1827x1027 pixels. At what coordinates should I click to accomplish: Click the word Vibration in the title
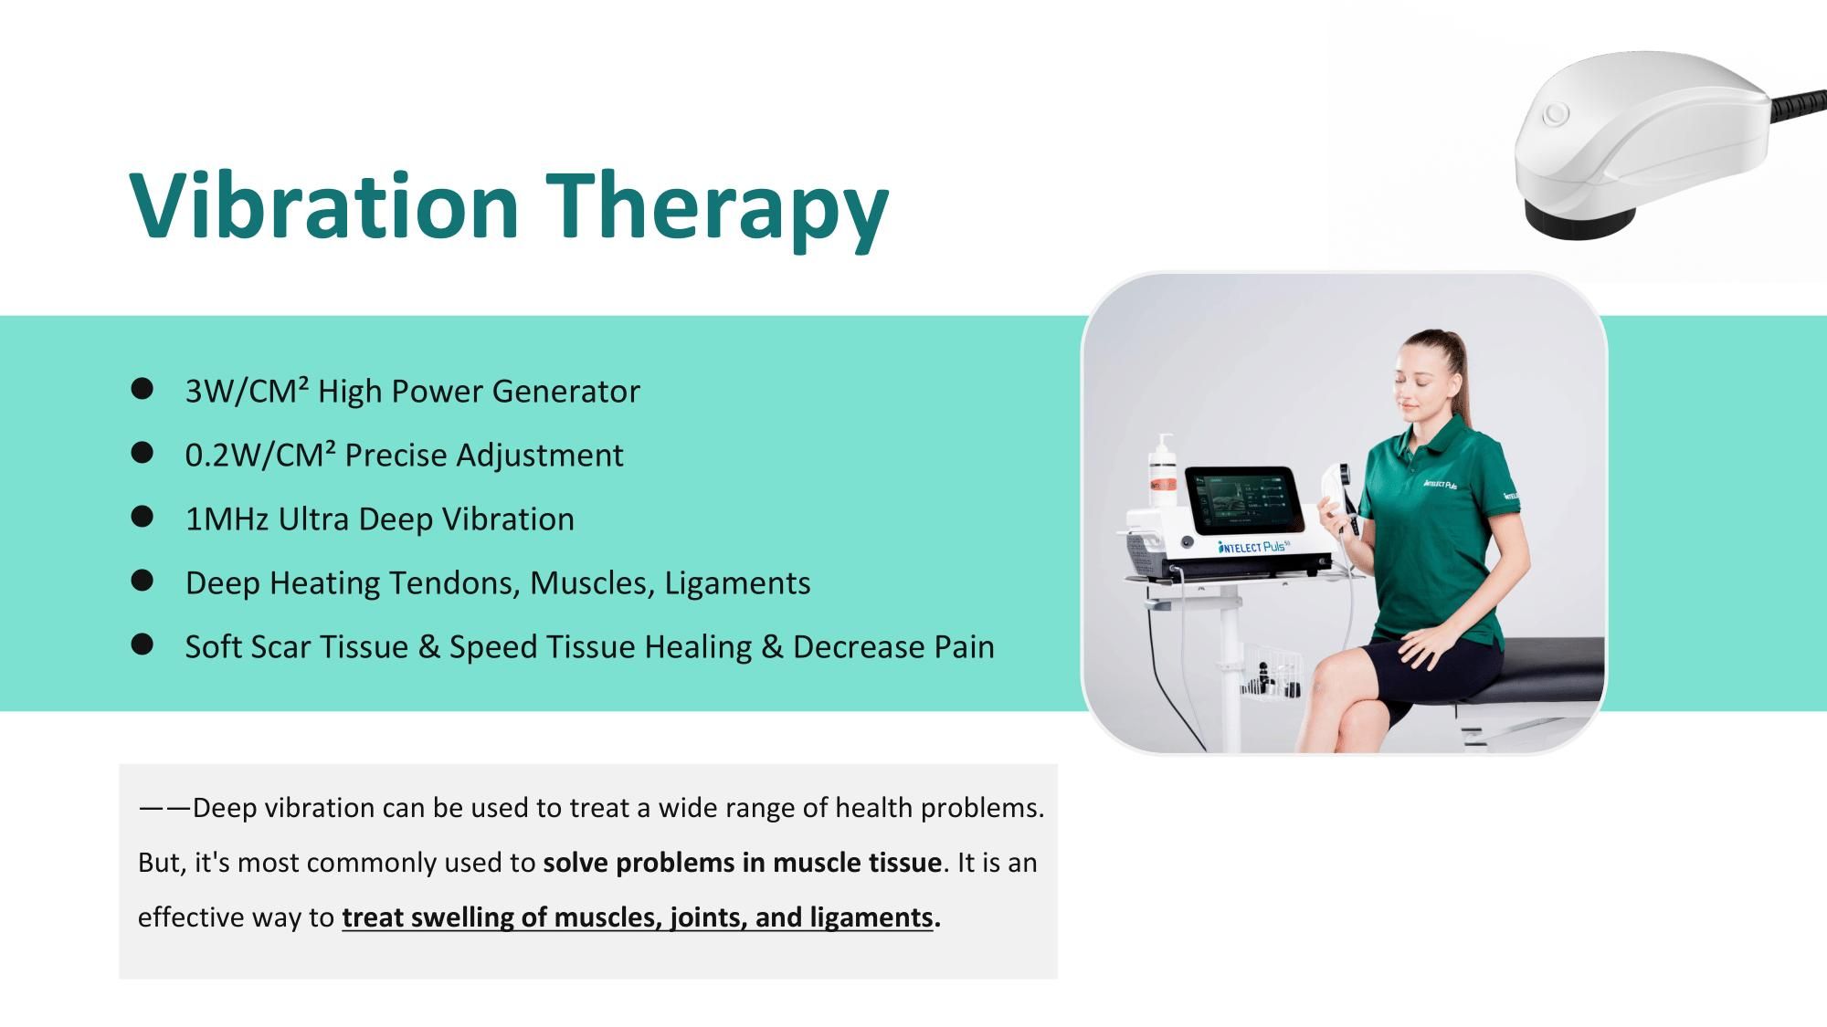point(324,205)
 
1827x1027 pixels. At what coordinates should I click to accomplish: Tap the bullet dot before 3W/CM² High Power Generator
point(142,390)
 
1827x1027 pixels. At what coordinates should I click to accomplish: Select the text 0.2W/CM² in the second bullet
point(260,455)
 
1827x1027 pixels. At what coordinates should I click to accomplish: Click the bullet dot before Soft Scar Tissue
point(142,645)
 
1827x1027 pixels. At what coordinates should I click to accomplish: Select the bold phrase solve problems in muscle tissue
point(742,863)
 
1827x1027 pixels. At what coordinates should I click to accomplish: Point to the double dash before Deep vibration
point(164,808)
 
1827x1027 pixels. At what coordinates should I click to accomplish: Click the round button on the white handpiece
point(1554,115)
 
